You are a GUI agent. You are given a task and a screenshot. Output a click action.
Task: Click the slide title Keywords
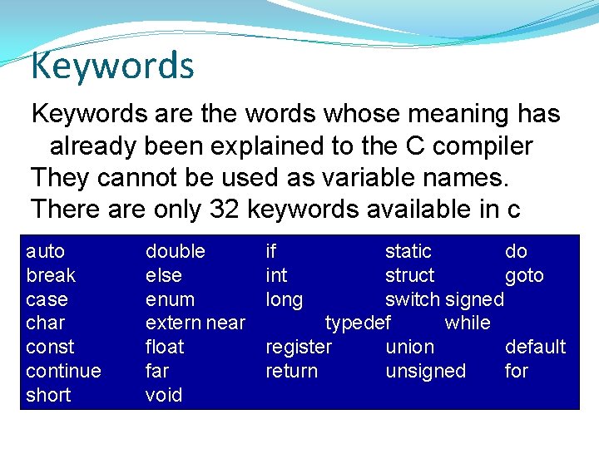pos(112,66)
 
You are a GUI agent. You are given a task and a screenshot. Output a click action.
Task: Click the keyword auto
pos(45,251)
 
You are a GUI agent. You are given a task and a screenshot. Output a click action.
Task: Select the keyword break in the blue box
pos(51,275)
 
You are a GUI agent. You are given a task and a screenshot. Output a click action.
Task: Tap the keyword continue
pos(63,371)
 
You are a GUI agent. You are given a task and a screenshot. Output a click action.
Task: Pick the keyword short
pos(48,395)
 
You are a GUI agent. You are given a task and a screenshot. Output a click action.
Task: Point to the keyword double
pos(175,251)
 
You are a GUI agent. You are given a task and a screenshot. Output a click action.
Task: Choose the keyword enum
pos(170,299)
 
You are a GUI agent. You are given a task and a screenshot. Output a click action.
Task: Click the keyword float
pos(165,347)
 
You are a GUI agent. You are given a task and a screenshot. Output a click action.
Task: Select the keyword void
pos(163,395)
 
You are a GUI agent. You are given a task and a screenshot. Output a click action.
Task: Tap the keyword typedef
pos(358,323)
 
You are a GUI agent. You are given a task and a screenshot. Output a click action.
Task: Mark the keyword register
pos(298,347)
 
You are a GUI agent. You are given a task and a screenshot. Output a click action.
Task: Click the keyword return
pos(291,371)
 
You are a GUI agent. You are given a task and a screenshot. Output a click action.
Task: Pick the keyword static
pos(408,251)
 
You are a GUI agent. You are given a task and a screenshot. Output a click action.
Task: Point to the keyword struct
pos(409,275)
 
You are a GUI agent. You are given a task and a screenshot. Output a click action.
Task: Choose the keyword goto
pos(524,275)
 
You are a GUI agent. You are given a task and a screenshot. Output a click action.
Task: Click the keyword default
pos(535,347)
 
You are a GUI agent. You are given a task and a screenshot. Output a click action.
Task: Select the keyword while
pos(468,323)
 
